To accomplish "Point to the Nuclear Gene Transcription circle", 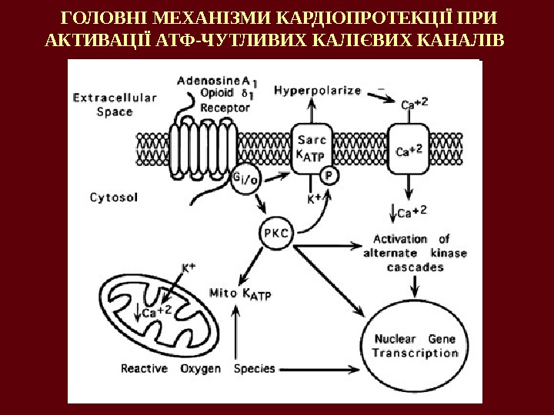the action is tap(415, 345).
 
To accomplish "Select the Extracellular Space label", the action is tap(115, 105).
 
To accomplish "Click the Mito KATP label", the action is tap(241, 292).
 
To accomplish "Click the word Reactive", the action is tap(144, 368).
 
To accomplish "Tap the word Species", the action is tap(254, 368).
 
